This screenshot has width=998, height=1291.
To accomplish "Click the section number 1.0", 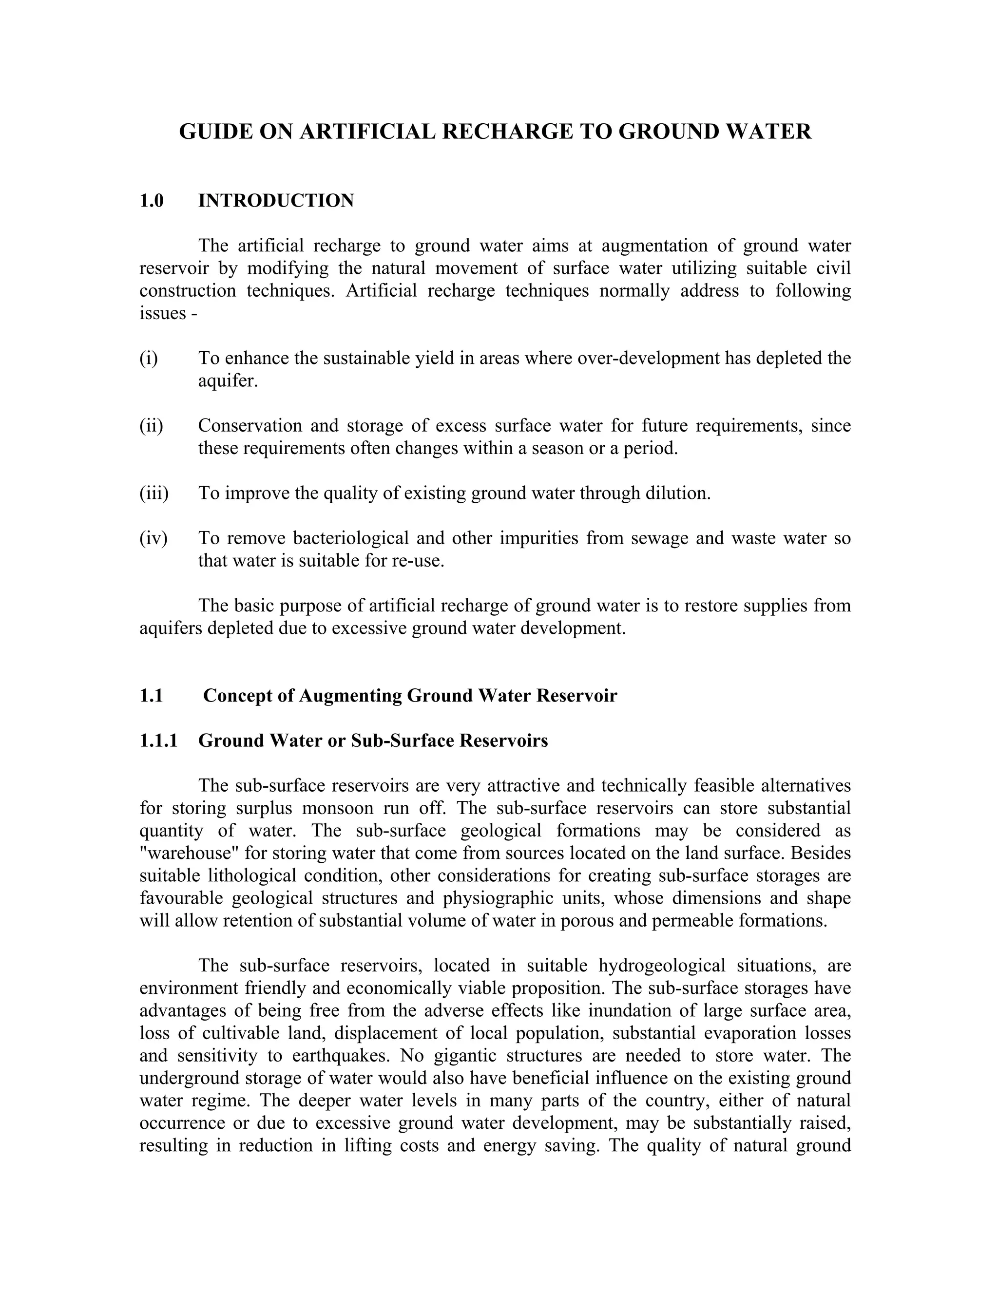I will [152, 201].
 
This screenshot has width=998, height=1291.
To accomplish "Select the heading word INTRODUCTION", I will [276, 201].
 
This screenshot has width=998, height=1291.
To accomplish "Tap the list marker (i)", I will [149, 358].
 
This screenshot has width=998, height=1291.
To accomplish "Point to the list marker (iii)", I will [154, 493].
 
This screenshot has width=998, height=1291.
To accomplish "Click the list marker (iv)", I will [153, 538].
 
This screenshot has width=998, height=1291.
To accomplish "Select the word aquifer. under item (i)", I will [228, 380].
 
